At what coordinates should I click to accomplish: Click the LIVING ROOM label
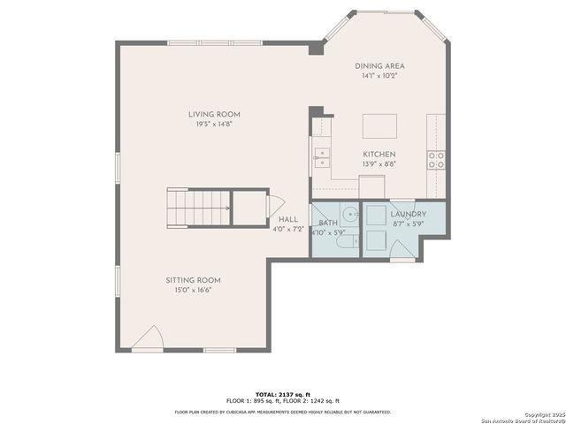(x=214, y=114)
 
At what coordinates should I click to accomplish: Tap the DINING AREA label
(x=379, y=66)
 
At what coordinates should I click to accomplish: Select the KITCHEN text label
(x=379, y=154)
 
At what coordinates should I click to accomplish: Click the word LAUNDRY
(x=408, y=214)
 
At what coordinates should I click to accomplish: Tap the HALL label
(x=288, y=219)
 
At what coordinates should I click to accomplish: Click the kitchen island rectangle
(x=379, y=125)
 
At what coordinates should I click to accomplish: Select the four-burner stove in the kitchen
(x=436, y=159)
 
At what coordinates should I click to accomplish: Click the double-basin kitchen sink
(x=321, y=158)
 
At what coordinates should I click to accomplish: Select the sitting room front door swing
(x=151, y=337)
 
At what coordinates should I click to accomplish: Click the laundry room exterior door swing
(x=403, y=254)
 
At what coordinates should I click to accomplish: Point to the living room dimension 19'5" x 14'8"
(x=214, y=125)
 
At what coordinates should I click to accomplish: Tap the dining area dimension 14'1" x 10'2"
(x=379, y=76)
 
